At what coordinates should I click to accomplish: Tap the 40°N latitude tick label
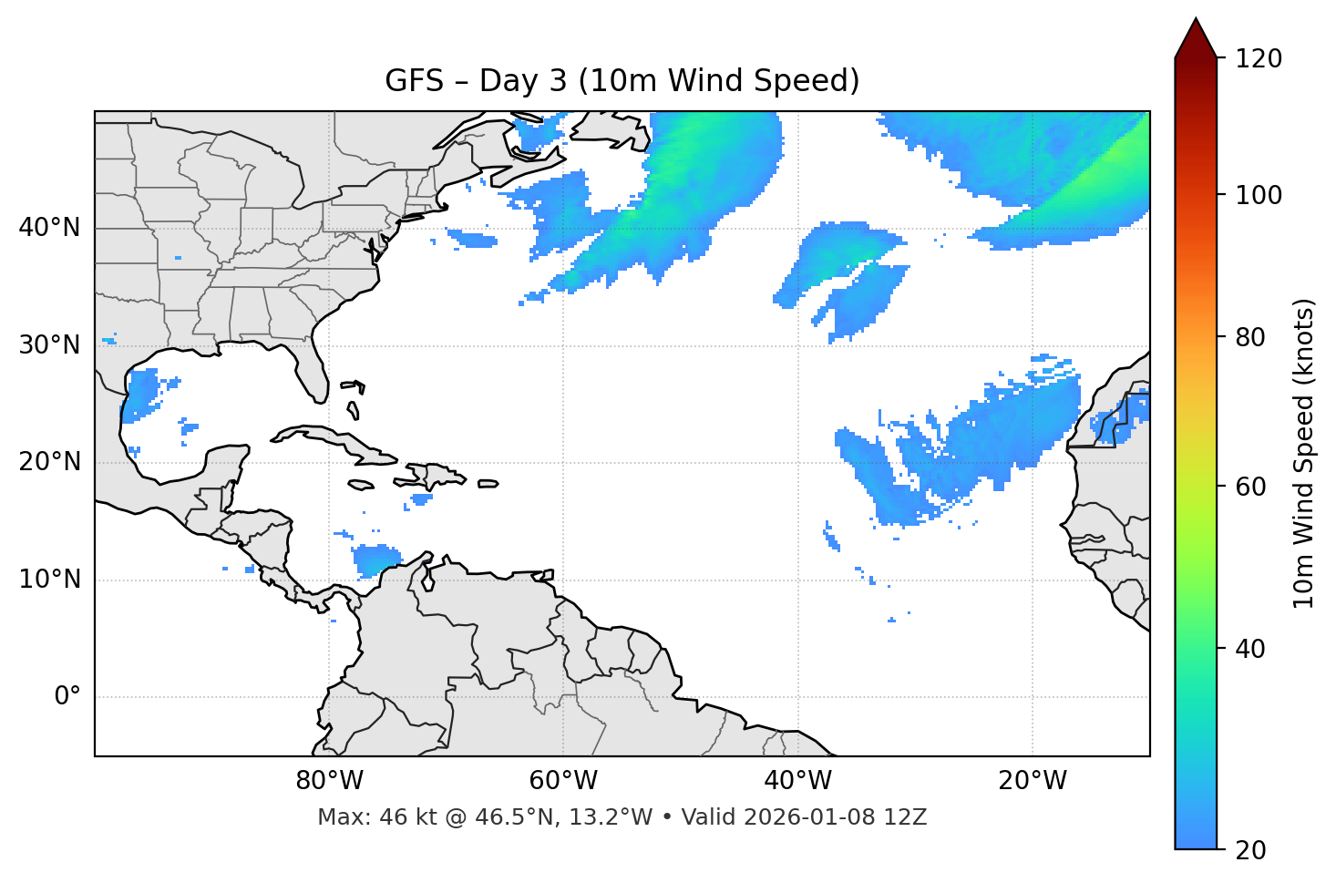pos(49,227)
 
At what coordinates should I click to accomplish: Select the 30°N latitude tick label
pos(49,345)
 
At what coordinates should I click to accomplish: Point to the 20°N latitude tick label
pos(49,462)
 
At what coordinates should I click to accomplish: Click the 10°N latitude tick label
pos(49,580)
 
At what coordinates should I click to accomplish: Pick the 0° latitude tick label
pos(67,697)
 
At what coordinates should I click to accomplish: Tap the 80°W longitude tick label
pos(329,781)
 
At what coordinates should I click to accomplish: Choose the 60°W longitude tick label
pos(563,781)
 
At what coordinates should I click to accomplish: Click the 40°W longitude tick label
pos(797,781)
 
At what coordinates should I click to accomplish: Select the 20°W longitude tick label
pos(1033,781)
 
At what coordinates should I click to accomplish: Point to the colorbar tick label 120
pos(1259,58)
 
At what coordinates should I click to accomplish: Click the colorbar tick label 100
pos(1259,195)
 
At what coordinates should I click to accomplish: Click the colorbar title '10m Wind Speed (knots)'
pos(1304,454)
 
